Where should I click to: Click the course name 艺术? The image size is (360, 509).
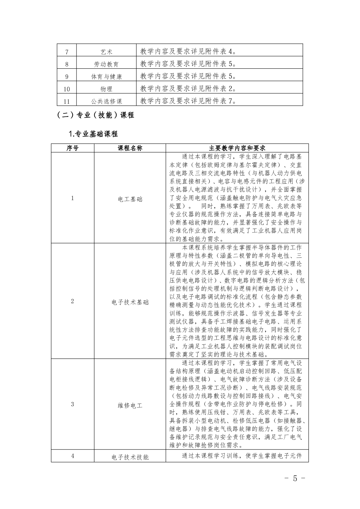106,52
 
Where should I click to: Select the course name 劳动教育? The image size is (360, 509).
106,64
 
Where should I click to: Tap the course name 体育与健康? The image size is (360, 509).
106,77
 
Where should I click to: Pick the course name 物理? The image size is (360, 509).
106,89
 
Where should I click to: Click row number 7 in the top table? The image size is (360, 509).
67,52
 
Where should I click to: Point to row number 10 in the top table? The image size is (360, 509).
67,89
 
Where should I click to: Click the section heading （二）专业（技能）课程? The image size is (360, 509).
95,115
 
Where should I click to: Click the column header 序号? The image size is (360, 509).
73,148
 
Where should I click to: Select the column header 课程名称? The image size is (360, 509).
130,148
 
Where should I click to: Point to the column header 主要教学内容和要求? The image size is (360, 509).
237,148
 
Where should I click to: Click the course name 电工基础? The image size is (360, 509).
130,199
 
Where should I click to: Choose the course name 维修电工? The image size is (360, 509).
130,406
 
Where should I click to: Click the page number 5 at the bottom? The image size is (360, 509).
295,478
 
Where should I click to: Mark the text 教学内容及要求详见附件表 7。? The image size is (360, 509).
188,101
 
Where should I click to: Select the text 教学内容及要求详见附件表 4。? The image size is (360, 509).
188,52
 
